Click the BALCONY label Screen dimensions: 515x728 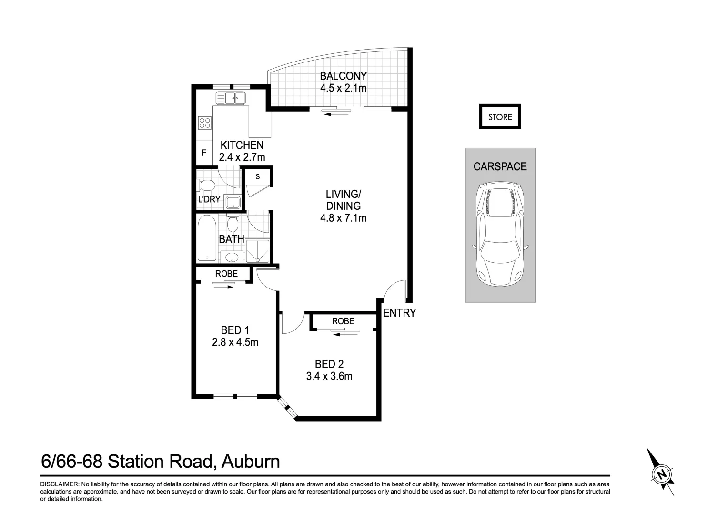[343, 76]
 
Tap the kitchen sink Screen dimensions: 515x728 [230, 99]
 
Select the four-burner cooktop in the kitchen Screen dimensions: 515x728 [205, 123]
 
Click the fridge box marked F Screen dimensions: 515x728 [204, 154]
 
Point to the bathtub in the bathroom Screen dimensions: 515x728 [207, 238]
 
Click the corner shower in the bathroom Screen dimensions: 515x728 [258, 251]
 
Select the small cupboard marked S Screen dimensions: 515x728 [258, 177]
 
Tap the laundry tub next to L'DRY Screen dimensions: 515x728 [233, 202]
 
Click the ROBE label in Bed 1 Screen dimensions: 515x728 [226, 274]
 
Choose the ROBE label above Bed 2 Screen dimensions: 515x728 [343, 321]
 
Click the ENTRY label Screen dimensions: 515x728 [399, 313]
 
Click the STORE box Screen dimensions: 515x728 [500, 117]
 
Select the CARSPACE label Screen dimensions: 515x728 [500, 166]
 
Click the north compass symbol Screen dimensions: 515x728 [661, 473]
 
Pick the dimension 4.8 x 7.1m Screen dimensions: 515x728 [343, 218]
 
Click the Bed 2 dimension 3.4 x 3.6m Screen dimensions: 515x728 [329, 376]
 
